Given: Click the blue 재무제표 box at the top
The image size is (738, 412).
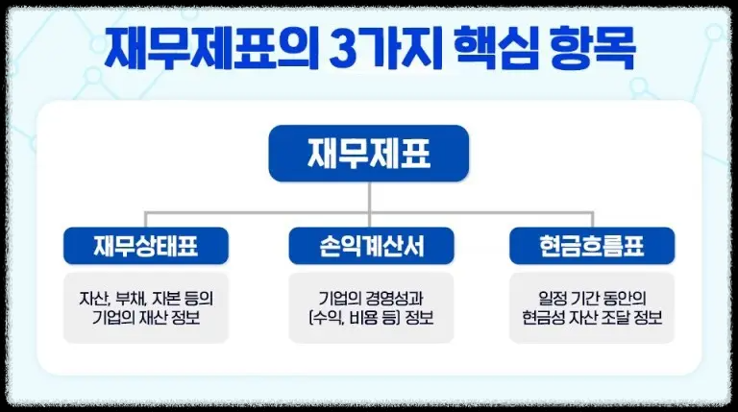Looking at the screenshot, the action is click(368, 153).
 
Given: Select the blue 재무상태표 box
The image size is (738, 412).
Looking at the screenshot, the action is click(146, 247).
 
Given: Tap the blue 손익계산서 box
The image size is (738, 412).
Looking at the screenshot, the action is click(370, 247).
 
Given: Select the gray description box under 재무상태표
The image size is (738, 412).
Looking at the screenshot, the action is click(146, 307).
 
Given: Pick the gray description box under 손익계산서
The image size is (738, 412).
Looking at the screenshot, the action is click(370, 307).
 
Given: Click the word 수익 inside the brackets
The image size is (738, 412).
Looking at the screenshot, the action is click(329, 318).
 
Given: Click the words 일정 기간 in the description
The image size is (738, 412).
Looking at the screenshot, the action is click(561, 297).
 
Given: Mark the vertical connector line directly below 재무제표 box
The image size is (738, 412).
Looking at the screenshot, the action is click(369, 196).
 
